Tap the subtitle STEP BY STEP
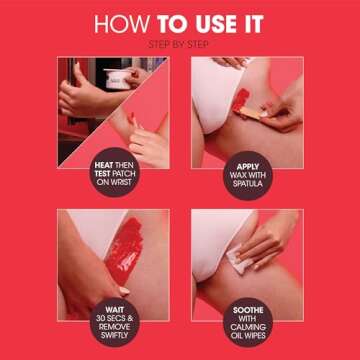pyautogui.click(x=180, y=46)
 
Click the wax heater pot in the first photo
pyautogui.click(x=119, y=77)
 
